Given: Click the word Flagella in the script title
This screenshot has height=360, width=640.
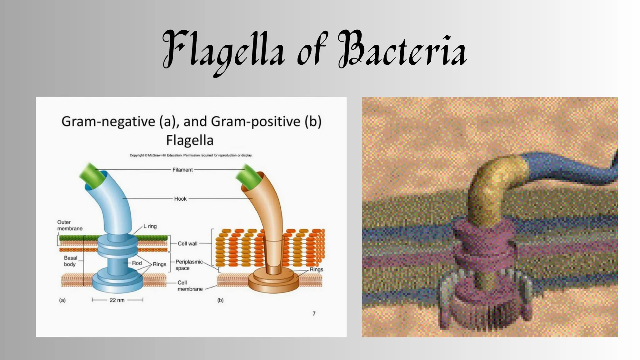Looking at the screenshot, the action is coord(224,52).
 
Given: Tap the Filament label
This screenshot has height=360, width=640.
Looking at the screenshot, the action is coord(182,170).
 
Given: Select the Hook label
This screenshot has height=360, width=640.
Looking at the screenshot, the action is coord(180,199).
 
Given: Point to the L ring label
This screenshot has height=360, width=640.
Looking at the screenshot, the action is coord(150,226).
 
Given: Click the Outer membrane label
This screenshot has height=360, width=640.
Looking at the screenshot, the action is coord(70,225).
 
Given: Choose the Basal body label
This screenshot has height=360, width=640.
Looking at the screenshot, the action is coord(70,261).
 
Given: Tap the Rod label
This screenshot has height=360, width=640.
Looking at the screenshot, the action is coord(137,263).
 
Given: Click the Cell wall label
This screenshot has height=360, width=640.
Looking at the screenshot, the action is coord(187,243).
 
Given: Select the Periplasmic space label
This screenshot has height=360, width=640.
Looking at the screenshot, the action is coord(189,265).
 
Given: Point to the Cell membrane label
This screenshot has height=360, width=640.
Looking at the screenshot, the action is coord(190,286).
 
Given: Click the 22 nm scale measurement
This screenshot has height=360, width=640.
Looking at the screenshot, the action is coord(117,300).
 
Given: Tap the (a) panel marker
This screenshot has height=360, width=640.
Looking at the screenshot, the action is coord(62,300).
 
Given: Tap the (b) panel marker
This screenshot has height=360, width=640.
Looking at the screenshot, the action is coord(221,300).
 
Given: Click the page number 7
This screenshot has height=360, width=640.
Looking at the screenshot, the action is coord(314,313).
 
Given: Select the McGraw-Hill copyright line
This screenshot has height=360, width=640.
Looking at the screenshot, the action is coord(191,155).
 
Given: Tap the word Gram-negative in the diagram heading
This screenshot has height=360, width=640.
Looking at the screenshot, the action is coord(108,122).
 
